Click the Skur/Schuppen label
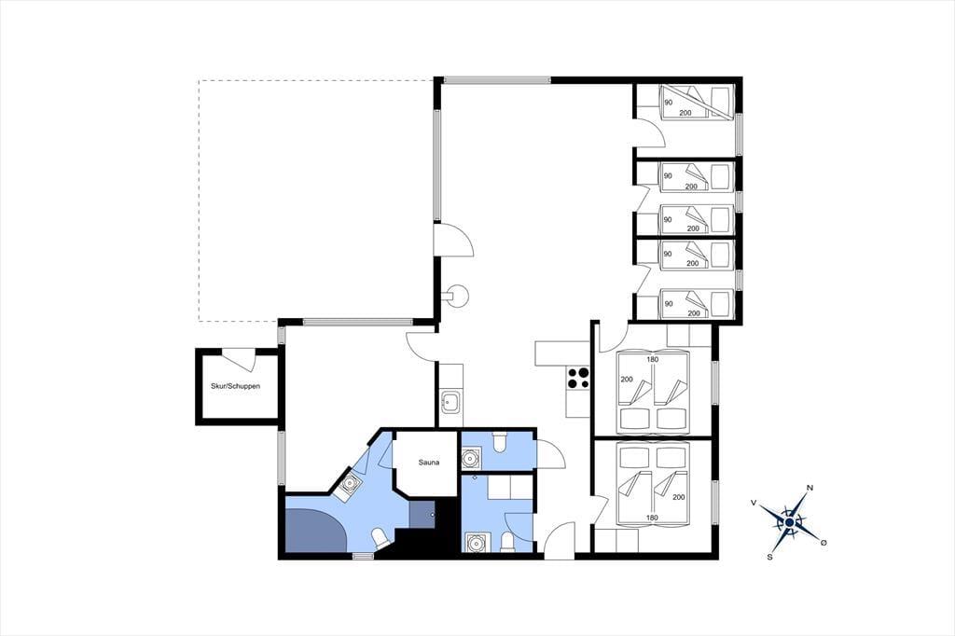(x=235, y=386)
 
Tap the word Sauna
(x=429, y=463)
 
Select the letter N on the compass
(x=810, y=488)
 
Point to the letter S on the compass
(x=769, y=556)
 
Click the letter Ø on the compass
(x=824, y=542)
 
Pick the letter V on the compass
(x=754, y=503)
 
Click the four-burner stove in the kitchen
(x=578, y=378)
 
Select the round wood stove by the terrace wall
(x=456, y=296)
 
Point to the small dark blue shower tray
(x=422, y=514)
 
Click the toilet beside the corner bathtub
(x=381, y=538)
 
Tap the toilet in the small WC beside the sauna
(x=499, y=442)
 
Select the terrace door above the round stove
(x=454, y=240)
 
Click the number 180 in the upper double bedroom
(x=652, y=359)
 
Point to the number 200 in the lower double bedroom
(x=679, y=497)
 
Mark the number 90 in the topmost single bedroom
(x=668, y=103)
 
